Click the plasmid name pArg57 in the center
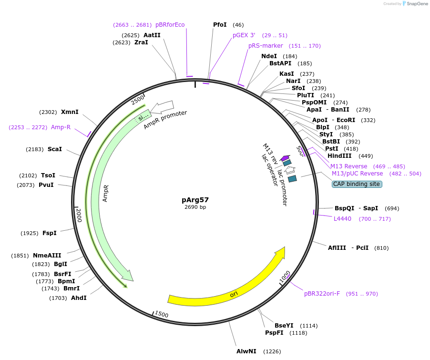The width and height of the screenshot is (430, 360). pos(195,200)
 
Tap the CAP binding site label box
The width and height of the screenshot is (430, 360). pos(357,184)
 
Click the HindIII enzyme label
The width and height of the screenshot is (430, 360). pos(339,156)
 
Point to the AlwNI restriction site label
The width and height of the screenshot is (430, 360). pos(246,351)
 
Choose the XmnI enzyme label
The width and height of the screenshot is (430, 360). pos(70,112)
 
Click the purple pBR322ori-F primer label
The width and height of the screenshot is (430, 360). pos(322,294)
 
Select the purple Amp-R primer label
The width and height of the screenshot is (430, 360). pos(61,127)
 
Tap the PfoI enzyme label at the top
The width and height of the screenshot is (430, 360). pos(220,25)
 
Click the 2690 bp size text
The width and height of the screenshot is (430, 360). pos(195,207)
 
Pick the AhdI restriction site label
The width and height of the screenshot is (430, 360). pos(79,298)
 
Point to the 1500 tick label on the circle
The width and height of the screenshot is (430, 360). pos(162,314)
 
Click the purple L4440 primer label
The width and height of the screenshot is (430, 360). pos(342,219)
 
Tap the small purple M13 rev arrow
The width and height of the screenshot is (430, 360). pos(285,158)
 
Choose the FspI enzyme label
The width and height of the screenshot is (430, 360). pos(49,233)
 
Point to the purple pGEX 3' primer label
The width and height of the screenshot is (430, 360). pos(244,35)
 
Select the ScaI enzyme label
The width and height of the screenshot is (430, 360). pos(55,149)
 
